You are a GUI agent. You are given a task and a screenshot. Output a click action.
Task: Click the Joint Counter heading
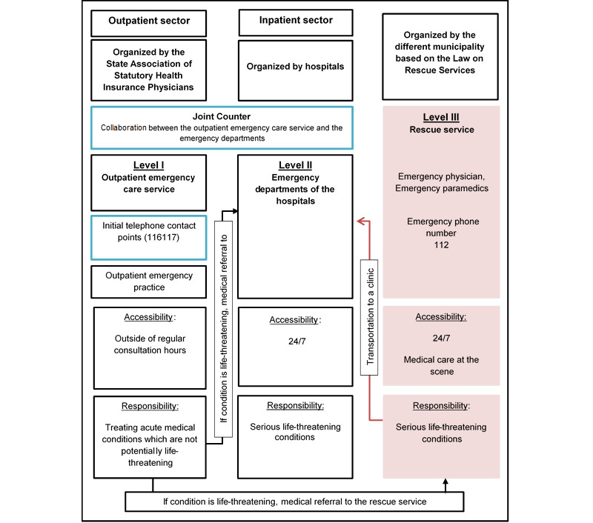(222, 116)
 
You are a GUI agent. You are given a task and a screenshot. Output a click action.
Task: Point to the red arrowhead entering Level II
(360, 220)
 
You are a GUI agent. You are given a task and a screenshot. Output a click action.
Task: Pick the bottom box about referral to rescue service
(295, 502)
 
